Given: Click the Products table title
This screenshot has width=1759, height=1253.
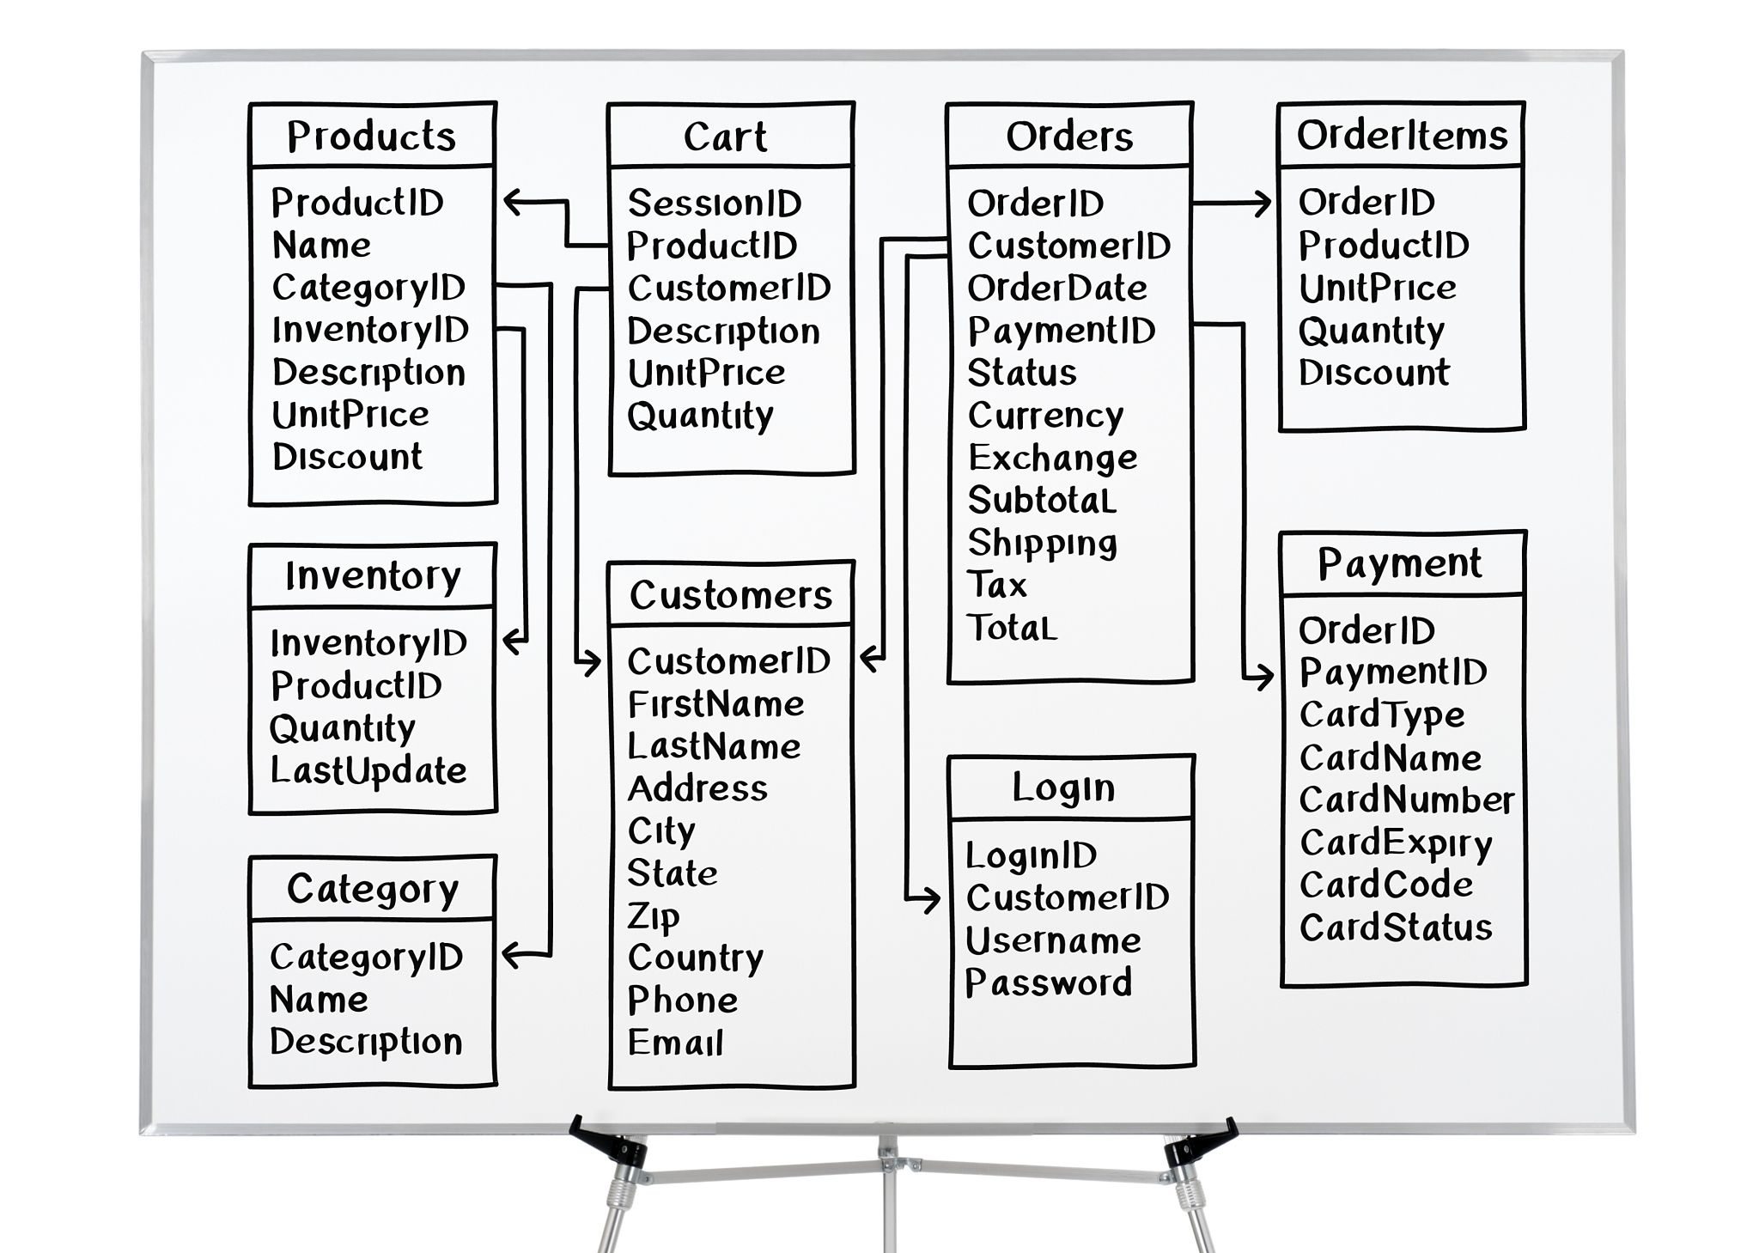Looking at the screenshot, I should pyautogui.click(x=371, y=136).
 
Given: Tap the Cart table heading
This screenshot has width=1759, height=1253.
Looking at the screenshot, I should pyautogui.click(x=725, y=137).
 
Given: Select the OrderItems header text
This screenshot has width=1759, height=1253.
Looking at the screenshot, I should pyautogui.click(x=1402, y=135).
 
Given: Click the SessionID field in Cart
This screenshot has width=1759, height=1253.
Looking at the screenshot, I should pyautogui.click(x=715, y=204).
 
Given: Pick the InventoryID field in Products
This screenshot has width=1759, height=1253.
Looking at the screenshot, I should pyautogui.click(x=370, y=330).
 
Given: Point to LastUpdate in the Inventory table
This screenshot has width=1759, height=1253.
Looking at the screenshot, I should pyautogui.click(x=368, y=770).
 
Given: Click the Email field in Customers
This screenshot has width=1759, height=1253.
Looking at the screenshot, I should pyautogui.click(x=676, y=1043).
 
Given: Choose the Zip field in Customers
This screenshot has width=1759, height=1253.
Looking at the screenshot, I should pyautogui.click(x=654, y=916).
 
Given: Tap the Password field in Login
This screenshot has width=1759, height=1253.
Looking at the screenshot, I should pyautogui.click(x=1048, y=982).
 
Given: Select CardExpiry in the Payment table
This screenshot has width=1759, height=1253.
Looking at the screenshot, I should pyautogui.click(x=1396, y=843).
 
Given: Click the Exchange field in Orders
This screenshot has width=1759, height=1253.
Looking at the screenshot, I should pyautogui.click(x=1052, y=458).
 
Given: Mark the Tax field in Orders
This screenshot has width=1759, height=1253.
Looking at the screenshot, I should pyautogui.click(x=997, y=585).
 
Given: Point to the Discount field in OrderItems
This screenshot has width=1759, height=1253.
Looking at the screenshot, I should pyautogui.click(x=1373, y=373).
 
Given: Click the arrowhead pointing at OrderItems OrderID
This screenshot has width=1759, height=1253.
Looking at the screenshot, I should pyautogui.click(x=1263, y=204).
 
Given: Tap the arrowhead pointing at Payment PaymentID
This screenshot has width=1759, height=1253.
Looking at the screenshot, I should pyautogui.click(x=1265, y=677).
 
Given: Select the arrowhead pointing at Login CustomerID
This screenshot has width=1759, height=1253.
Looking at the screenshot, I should pyautogui.click(x=932, y=899).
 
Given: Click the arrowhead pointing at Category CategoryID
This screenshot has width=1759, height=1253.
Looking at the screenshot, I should pyautogui.click(x=510, y=954).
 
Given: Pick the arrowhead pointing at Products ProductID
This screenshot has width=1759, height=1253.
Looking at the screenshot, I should pyautogui.click(x=512, y=203).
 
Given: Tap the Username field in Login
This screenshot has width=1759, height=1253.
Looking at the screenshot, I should pyautogui.click(x=1053, y=940).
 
